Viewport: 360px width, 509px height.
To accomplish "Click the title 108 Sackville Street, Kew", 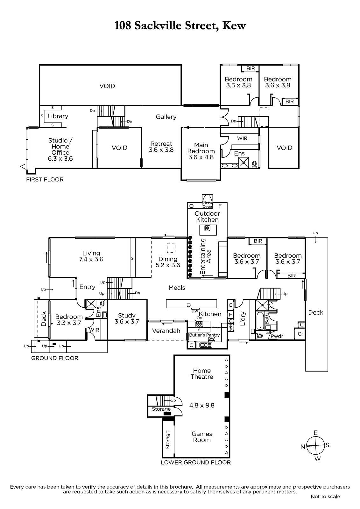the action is point(180,26).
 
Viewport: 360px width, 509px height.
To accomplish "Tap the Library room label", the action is point(58,116).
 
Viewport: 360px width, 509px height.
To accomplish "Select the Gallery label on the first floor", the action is point(166,117).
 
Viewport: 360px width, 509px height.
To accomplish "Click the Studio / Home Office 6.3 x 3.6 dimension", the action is point(60,159).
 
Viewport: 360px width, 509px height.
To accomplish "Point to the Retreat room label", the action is point(161,143).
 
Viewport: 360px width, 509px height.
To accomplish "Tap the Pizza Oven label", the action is point(207,205).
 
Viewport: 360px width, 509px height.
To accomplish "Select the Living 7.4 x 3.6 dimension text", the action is point(91,259).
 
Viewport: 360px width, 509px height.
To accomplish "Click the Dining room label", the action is point(168,259).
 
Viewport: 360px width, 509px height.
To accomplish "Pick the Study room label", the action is point(127,315).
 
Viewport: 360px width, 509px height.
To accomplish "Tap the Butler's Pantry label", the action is point(204,335).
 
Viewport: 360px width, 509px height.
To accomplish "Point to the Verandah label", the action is point(166,331).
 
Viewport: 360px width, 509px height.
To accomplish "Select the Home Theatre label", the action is point(202,373).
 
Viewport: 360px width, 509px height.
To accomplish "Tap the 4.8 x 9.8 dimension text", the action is point(202,405).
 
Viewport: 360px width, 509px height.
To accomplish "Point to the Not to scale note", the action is point(325,503).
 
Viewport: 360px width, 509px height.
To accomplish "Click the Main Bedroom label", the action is point(201,148).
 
